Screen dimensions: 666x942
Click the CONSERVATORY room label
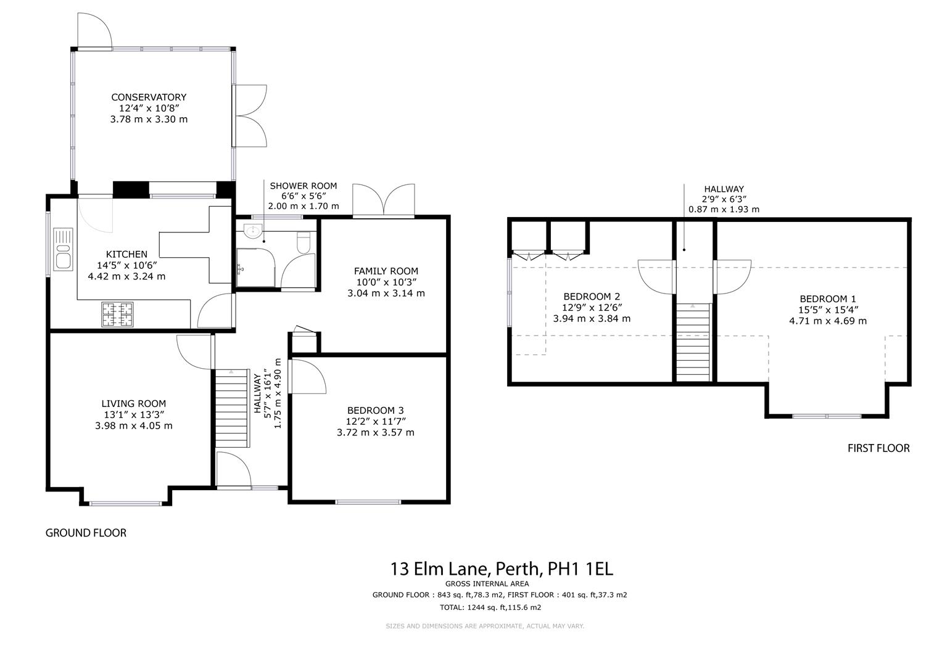click(149, 97)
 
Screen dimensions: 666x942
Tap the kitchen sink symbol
click(63, 248)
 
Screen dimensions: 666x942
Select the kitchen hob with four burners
click(117, 314)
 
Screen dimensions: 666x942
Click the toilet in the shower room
click(304, 243)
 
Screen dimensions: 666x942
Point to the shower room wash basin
click(253, 232)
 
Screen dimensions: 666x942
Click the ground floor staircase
click(233, 408)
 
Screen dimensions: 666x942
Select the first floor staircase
click(693, 342)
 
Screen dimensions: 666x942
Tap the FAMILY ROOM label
click(386, 271)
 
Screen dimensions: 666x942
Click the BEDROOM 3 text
click(375, 410)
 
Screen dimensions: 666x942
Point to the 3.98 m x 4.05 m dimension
click(134, 425)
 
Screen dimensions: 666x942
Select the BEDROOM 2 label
click(592, 297)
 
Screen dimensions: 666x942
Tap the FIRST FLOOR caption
click(878, 448)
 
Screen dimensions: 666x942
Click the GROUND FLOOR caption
click(86, 533)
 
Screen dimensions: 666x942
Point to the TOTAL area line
click(490, 607)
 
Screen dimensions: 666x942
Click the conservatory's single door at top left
click(94, 31)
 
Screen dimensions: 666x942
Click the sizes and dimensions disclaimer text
click(484, 626)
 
